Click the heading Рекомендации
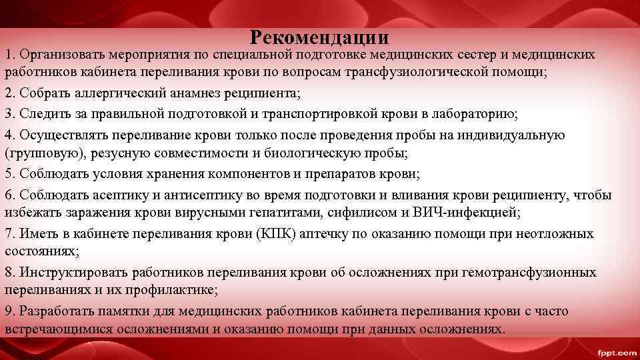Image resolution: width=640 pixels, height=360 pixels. coord(319,37)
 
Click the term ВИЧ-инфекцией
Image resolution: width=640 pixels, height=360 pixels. coord(468,213)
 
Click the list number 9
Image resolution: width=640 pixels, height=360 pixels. coord(9,311)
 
